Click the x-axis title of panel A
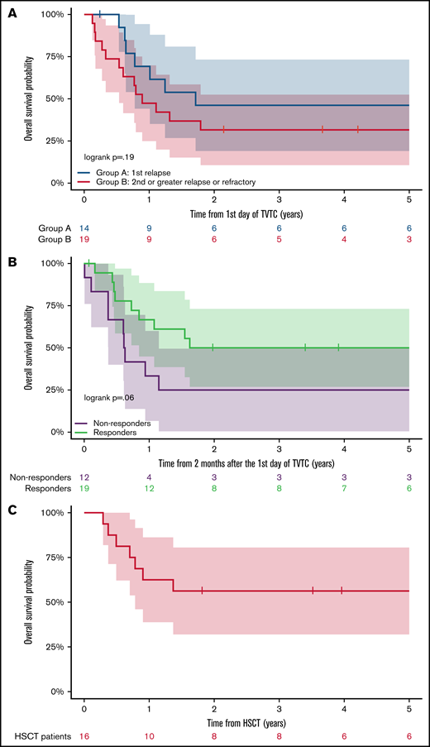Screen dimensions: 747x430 246,211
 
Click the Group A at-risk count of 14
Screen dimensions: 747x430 84,227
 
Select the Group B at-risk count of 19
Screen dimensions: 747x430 84,239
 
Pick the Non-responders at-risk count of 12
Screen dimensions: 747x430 84,477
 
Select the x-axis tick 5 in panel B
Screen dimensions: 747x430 409,448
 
